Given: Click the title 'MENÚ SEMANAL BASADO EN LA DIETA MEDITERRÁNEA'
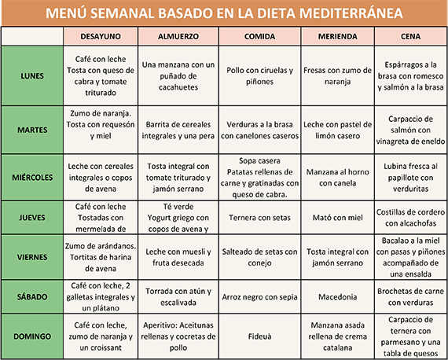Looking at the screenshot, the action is [x=224, y=13].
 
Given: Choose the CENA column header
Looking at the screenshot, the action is [x=411, y=36].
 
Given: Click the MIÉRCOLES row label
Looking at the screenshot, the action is [x=32, y=177].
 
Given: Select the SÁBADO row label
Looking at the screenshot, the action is [x=32, y=296].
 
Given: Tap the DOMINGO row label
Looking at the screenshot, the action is [x=32, y=336].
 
